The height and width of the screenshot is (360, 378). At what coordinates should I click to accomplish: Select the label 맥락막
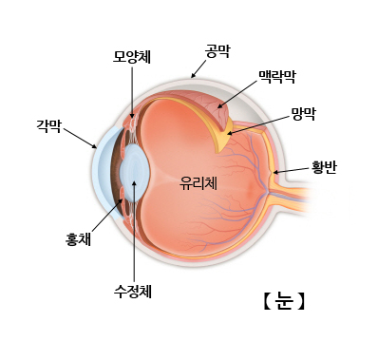[x=276, y=75]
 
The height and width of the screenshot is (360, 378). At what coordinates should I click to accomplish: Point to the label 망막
[x=304, y=112]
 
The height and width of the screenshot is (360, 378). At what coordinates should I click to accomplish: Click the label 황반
[x=324, y=167]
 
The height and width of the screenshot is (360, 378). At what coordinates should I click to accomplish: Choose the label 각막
[x=47, y=124]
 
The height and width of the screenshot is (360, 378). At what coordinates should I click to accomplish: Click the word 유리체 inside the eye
[x=198, y=183]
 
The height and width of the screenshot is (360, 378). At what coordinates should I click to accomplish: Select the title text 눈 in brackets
[x=283, y=302]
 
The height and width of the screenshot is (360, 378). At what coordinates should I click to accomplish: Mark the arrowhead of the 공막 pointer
[x=193, y=75]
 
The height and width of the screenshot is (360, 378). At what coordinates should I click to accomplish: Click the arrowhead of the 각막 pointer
[x=97, y=148]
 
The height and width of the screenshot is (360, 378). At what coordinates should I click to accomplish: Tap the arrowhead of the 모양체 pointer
[x=132, y=118]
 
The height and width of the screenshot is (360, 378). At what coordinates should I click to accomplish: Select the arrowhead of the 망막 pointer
[x=228, y=132]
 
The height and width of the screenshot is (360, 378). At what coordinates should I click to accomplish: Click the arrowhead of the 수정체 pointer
[x=133, y=182]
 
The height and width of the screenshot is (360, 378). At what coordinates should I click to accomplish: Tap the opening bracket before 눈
[x=267, y=302]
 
